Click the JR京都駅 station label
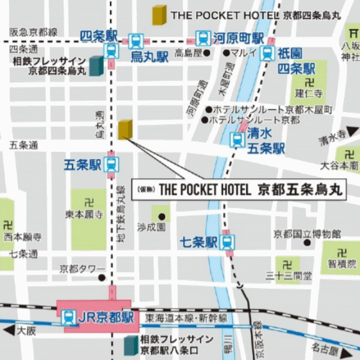pos(106,317)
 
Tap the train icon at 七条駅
pos(227,242)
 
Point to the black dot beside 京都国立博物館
pos(307,243)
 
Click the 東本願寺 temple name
pos(85,213)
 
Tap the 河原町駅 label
pos(238,38)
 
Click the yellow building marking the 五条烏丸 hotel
pos(125,129)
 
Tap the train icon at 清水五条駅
pos(238,140)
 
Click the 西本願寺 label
pos(22,237)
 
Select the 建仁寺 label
pos(309,93)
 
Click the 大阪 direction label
pos(26,331)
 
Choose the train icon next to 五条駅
pos(111,164)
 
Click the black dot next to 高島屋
pos(207,53)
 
